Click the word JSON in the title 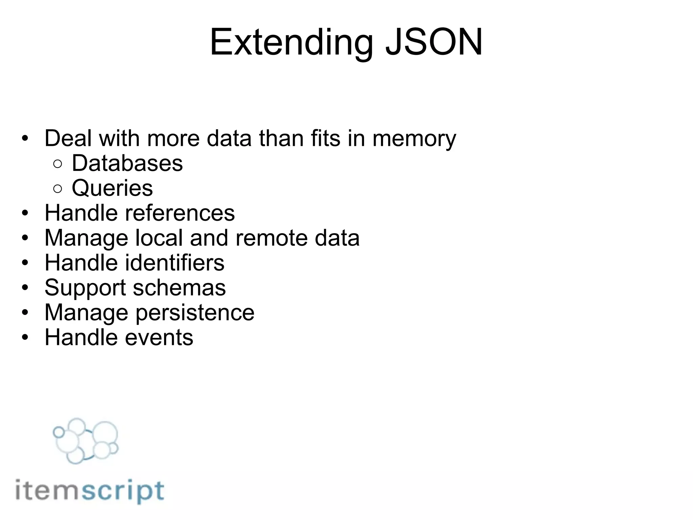point(434,42)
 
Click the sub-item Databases point(127,164)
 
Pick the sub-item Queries point(112,188)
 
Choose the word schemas point(179,288)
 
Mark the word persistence point(195,313)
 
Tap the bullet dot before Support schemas point(25,288)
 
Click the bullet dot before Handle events point(25,338)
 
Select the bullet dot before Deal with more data point(25,138)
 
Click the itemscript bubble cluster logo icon point(86,440)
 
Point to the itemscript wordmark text point(90,491)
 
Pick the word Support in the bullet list point(85,288)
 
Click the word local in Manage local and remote point(159,238)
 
